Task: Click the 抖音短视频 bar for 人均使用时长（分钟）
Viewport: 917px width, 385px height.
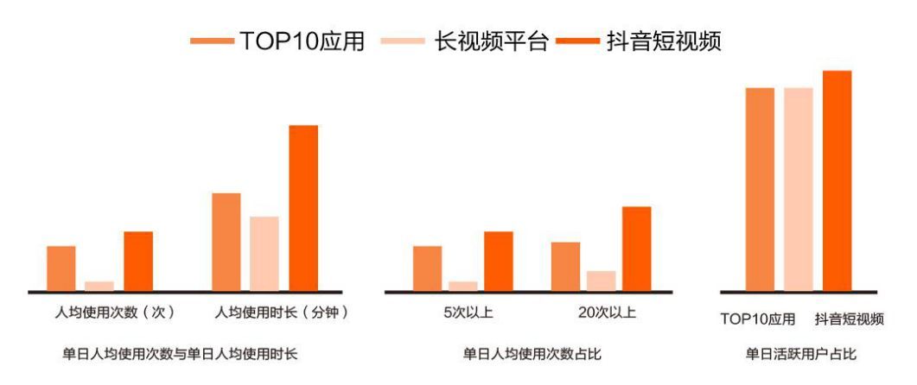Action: [x=303, y=208]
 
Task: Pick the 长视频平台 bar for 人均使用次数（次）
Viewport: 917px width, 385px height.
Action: [x=99, y=286]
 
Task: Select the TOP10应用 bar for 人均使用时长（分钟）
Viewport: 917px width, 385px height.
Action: [x=226, y=242]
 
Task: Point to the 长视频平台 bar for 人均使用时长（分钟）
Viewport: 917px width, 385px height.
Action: [x=264, y=254]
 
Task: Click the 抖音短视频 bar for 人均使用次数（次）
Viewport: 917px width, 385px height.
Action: [x=138, y=261]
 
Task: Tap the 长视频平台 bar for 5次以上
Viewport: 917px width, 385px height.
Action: [x=463, y=286]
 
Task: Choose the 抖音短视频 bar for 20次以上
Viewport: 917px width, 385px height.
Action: [x=636, y=249]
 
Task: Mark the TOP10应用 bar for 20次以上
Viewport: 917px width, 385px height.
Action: [x=565, y=267]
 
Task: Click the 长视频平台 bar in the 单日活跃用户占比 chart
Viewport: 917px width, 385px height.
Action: [x=799, y=189]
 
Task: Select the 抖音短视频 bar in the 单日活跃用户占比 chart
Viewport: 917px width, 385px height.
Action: [x=837, y=180]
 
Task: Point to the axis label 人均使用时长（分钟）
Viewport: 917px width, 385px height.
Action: [x=280, y=312]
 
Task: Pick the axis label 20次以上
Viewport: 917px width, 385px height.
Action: [x=606, y=312]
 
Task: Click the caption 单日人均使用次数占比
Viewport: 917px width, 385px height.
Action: [x=532, y=354]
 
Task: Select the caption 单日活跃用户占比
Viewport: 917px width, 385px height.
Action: [x=801, y=354]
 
